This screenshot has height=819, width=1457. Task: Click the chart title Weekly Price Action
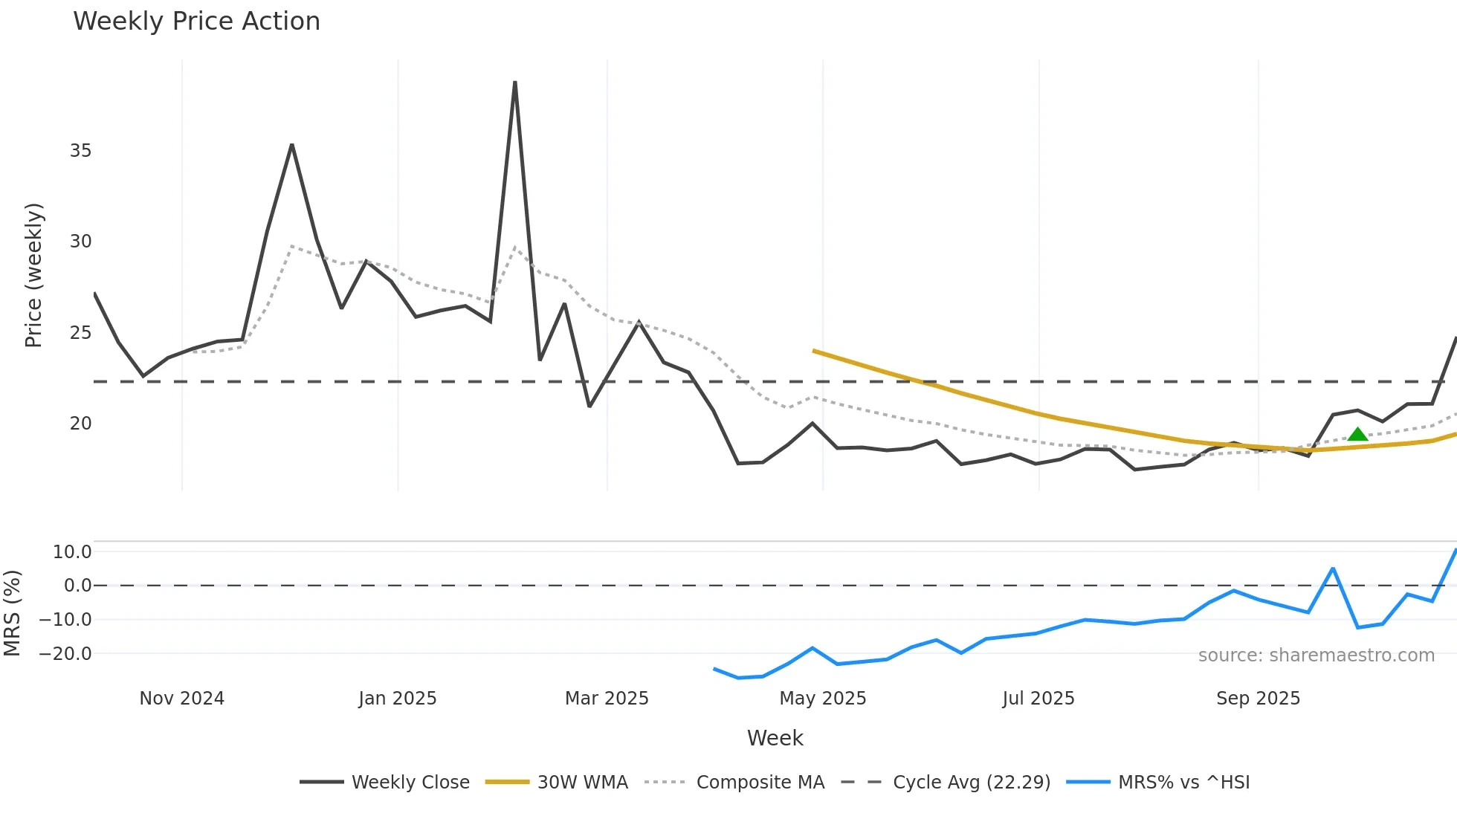pos(196,22)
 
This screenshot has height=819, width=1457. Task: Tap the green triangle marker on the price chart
pos(1357,435)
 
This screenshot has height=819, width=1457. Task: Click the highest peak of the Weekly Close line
pos(515,82)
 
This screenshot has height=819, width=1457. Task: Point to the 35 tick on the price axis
pos(80,151)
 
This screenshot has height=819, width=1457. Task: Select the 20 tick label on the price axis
pos(80,424)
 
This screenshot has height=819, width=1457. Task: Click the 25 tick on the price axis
pos(80,333)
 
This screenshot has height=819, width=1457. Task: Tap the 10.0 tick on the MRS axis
pos(72,552)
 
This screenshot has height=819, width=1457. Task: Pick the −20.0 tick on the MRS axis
pos(65,654)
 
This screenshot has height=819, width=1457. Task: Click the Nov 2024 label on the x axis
pos(181,699)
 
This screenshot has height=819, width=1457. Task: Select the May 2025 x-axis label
pos(822,699)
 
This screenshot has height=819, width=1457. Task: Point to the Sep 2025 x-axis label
pos(1258,699)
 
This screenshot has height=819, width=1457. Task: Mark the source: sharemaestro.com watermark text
pos(1316,655)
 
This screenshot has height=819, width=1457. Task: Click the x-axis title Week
pos(775,738)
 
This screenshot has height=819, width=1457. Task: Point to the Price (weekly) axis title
pos(33,275)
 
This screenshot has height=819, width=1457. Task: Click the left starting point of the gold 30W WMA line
pos(814,351)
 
